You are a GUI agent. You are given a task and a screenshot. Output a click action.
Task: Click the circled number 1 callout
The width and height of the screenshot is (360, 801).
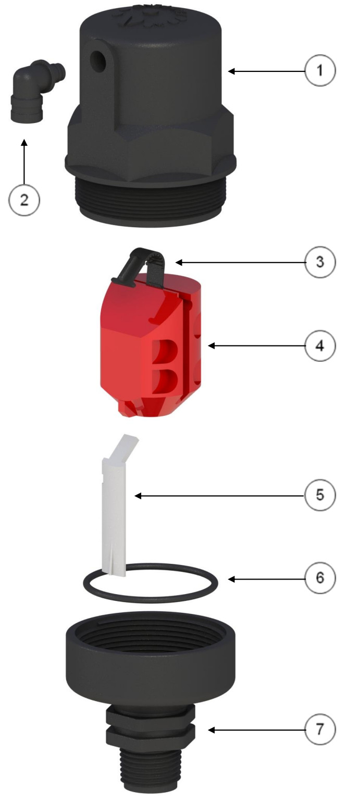[x=320, y=70]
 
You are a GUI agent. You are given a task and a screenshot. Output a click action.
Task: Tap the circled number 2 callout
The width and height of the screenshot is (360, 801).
[x=24, y=200]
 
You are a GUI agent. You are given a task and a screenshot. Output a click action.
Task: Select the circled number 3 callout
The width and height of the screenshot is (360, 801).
[x=320, y=262]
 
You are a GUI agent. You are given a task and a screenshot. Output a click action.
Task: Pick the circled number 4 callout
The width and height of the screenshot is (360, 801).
[x=320, y=346]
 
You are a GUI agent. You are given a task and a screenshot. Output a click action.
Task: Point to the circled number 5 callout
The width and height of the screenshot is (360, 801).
[x=320, y=495]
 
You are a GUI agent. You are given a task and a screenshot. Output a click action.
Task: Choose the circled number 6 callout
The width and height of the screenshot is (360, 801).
[x=320, y=577]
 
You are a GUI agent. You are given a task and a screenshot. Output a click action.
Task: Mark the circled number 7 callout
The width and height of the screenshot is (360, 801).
[x=320, y=729]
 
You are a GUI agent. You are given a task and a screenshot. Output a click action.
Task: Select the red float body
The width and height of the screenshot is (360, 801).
[x=152, y=343]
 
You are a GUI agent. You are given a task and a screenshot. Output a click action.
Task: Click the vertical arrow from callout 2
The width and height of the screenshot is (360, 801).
[x=24, y=162]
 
